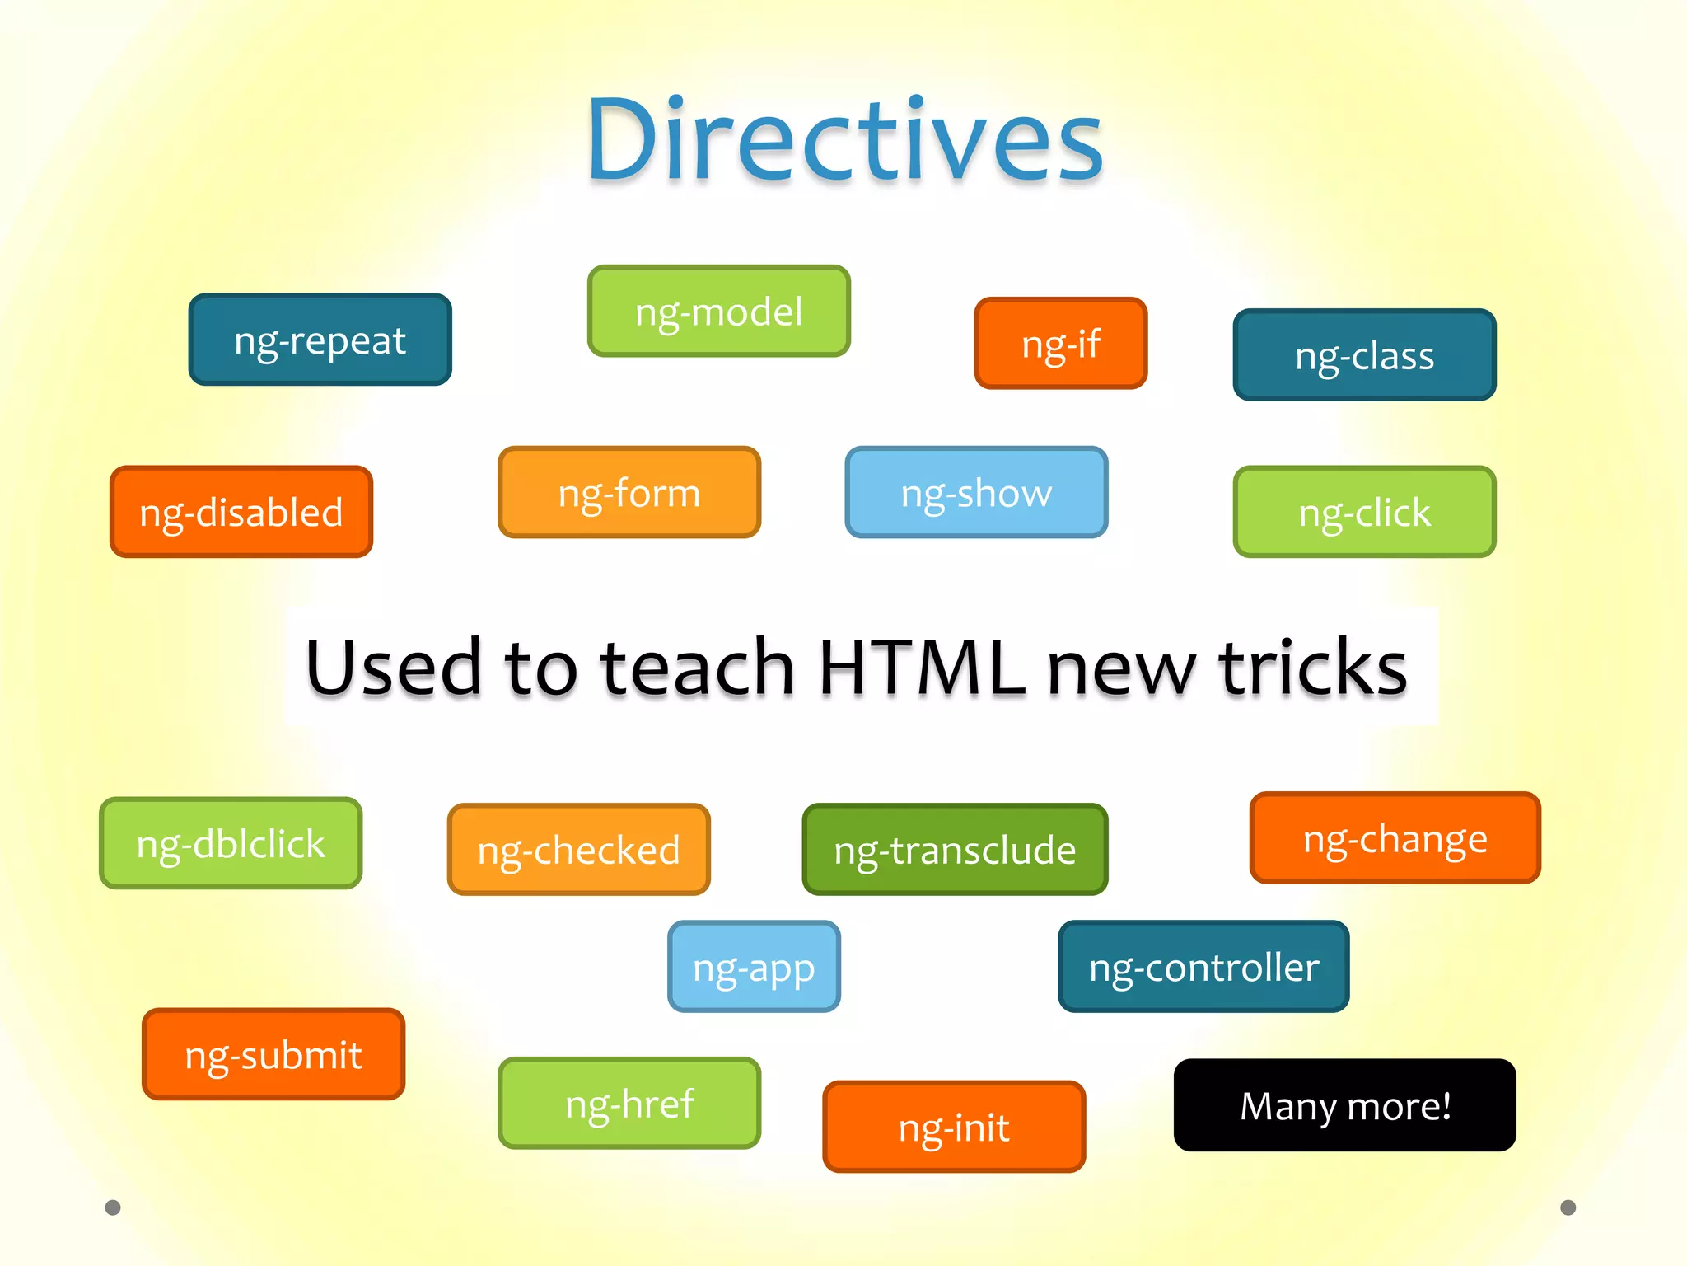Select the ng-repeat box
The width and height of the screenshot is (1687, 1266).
(320, 340)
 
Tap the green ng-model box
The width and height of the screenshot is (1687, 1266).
(718, 312)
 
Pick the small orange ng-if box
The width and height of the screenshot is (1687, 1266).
(1060, 343)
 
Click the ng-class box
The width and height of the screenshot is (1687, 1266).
(1364, 355)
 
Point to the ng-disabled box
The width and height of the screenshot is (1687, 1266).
(241, 512)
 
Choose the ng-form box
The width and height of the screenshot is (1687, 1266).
(629, 492)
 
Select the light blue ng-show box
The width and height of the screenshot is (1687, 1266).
(976, 492)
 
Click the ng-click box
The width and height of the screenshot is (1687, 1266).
(1364, 512)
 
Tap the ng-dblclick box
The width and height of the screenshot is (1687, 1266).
(231, 843)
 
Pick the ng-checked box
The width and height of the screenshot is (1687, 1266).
(578, 849)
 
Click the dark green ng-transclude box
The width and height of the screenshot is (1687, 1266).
(955, 849)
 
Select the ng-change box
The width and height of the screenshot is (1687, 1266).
(1395, 838)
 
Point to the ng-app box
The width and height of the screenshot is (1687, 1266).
(754, 966)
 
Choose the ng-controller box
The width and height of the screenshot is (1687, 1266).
(1203, 966)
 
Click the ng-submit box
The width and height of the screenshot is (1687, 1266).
(273, 1054)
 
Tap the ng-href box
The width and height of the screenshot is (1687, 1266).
(629, 1103)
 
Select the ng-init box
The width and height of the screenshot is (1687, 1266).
(954, 1127)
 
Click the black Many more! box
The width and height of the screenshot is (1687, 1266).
(1344, 1105)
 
